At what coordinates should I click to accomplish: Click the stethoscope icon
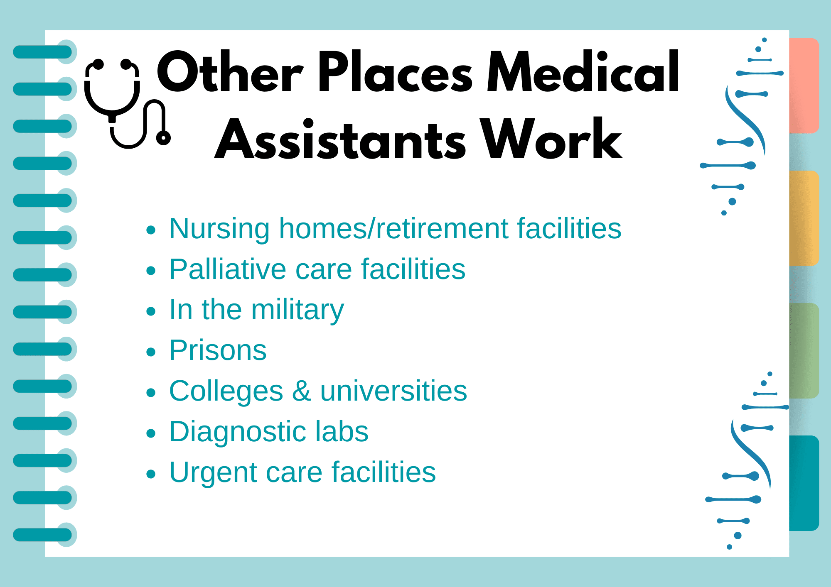click(x=125, y=104)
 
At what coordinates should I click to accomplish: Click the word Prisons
click(x=218, y=350)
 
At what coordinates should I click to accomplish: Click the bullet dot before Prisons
click(x=151, y=352)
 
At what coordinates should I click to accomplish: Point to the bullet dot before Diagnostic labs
click(x=151, y=433)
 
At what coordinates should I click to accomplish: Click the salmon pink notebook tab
click(x=804, y=86)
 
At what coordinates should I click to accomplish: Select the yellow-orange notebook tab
click(x=804, y=218)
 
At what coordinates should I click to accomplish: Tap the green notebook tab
click(x=804, y=351)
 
